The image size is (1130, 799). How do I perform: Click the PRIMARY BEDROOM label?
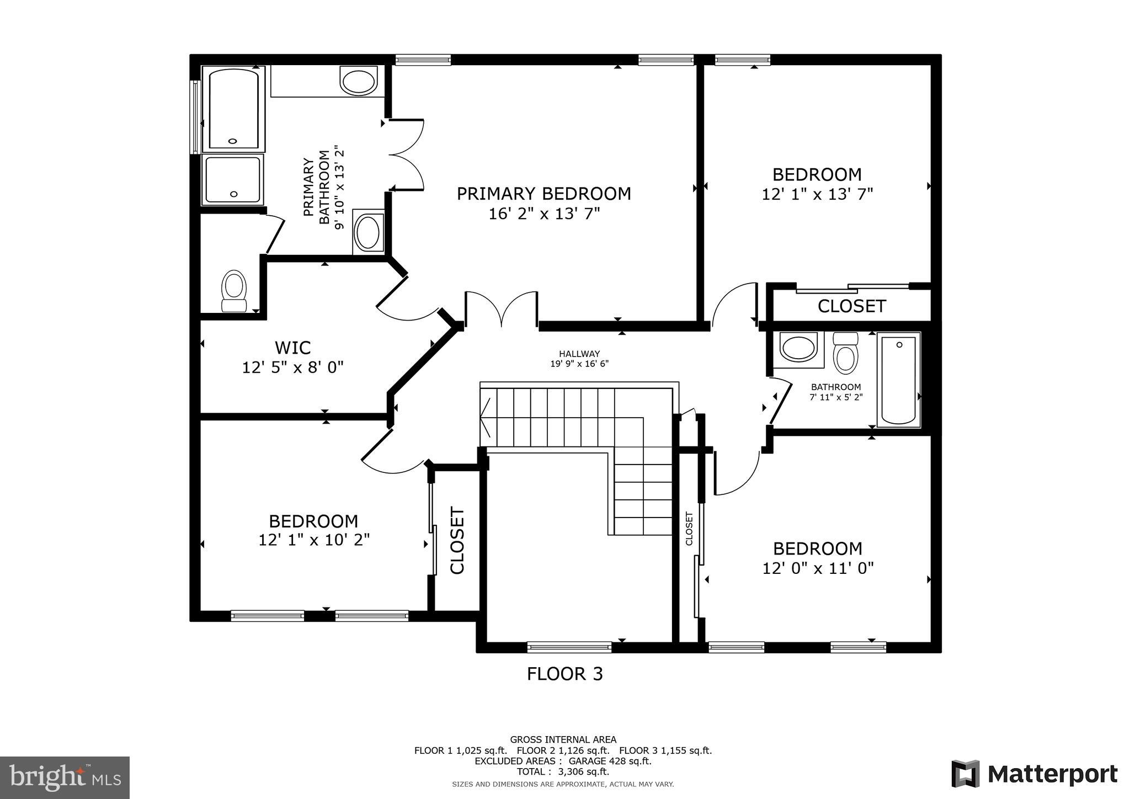click(x=543, y=194)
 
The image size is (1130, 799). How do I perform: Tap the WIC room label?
click(x=292, y=348)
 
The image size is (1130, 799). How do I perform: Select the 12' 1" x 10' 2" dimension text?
click(x=314, y=540)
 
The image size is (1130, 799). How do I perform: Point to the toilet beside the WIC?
click(x=234, y=291)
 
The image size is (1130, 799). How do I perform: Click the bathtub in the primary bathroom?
click(x=233, y=108)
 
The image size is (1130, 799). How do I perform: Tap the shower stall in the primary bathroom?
click(x=232, y=180)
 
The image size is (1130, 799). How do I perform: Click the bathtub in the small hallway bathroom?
click(x=898, y=380)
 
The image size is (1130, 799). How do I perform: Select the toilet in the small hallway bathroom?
click(x=845, y=353)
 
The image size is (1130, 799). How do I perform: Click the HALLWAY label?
click(x=579, y=354)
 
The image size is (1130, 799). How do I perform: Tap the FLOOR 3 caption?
click(x=564, y=674)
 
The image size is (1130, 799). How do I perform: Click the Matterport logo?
click(x=1034, y=774)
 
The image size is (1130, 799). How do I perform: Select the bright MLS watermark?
click(x=65, y=777)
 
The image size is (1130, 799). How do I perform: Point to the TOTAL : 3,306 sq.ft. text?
click(x=563, y=771)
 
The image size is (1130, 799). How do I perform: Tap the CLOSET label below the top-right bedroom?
click(x=851, y=306)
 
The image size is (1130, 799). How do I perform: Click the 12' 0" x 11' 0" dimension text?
click(x=818, y=568)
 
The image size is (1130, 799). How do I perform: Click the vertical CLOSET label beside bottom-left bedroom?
click(x=457, y=541)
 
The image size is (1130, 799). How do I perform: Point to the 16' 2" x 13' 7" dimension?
click(x=543, y=214)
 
